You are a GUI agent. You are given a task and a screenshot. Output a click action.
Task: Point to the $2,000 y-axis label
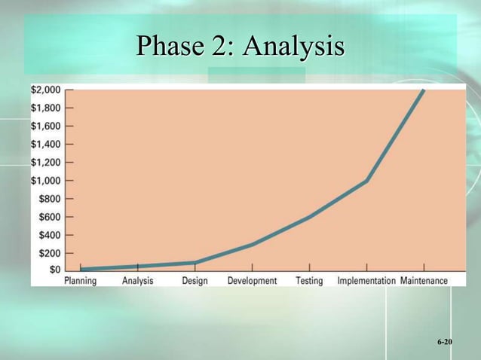(47, 89)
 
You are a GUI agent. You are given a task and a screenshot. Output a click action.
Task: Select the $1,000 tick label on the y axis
(47, 181)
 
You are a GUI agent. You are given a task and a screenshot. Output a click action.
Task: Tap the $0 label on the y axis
(55, 270)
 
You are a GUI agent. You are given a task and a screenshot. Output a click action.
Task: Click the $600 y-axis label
(50, 217)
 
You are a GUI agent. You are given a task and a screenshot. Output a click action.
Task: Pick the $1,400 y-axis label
(47, 144)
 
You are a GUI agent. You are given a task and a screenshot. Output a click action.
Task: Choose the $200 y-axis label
(50, 253)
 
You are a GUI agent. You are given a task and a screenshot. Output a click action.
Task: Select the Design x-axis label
(195, 281)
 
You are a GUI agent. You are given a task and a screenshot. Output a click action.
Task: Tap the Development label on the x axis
(252, 281)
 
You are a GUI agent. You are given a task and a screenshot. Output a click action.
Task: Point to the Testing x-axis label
(309, 281)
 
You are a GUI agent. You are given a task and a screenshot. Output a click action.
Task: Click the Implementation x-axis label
(366, 281)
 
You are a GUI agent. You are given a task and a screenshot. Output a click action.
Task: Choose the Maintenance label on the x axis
(424, 281)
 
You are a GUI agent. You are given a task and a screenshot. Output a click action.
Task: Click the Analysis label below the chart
(137, 281)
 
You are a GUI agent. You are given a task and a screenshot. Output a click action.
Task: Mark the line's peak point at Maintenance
(424, 90)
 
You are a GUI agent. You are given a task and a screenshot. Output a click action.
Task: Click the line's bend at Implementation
(366, 181)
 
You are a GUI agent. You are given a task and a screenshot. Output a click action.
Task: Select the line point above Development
(252, 244)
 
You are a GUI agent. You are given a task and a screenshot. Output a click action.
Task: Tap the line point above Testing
(309, 217)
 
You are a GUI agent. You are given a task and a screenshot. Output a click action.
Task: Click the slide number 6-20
(444, 343)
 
